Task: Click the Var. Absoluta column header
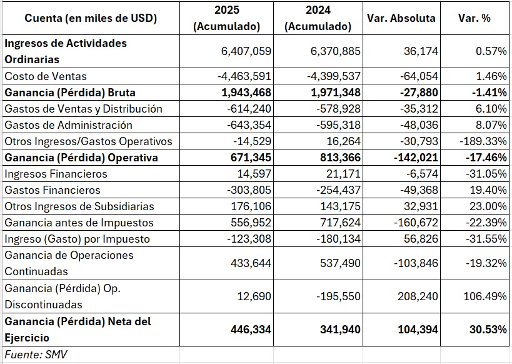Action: tap(401, 18)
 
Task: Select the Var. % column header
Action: tap(474, 18)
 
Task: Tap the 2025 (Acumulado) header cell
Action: tap(226, 18)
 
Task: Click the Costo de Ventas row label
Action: tap(46, 76)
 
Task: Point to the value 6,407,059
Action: tap(246, 51)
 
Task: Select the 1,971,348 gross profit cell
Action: tap(336, 93)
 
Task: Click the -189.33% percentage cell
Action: tap(483, 141)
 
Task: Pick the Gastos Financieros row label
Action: tap(53, 190)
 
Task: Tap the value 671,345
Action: tap(251, 158)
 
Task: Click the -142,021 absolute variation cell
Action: tap(416, 158)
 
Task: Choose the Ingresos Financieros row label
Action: tap(56, 173)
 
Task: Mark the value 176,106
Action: tap(251, 206)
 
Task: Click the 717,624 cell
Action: tap(340, 223)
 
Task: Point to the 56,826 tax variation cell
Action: tap(421, 239)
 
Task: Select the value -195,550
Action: tap(338, 296)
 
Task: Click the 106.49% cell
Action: tap(485, 296)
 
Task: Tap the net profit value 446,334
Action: tap(251, 330)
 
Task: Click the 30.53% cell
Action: tap(488, 330)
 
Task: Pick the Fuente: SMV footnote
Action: tap(36, 355)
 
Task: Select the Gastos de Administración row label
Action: tap(69, 125)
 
